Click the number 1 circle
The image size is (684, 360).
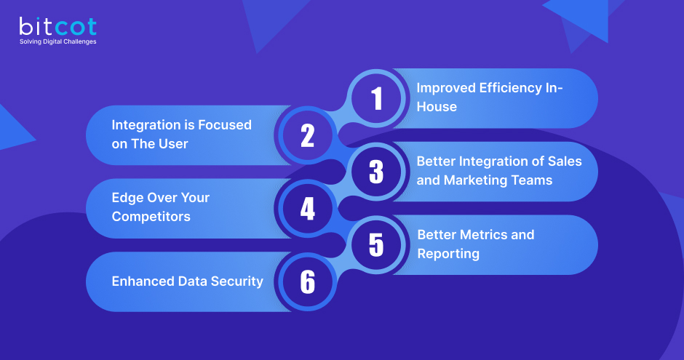coord(376,98)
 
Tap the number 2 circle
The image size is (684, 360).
coord(307,135)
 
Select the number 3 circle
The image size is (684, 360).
coord(376,172)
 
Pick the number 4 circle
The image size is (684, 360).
coord(307,209)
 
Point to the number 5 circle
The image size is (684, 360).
coord(376,245)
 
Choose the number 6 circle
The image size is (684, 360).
coord(307,282)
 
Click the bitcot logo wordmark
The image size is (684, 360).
coord(57,26)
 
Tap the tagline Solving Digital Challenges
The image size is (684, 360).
coord(57,41)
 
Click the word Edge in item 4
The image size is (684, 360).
coord(127,198)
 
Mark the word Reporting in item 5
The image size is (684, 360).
coord(448,254)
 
